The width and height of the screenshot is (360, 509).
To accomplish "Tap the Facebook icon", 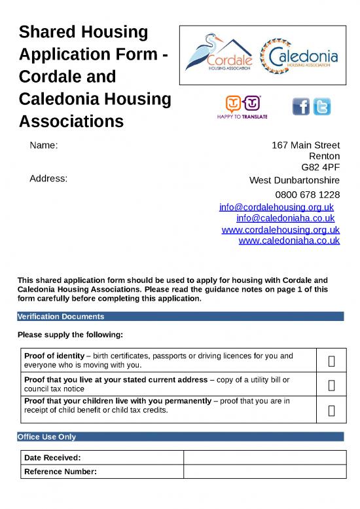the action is coord(301,106).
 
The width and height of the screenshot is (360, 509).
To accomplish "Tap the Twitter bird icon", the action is coord(322,106).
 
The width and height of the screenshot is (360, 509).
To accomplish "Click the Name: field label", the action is coord(45,145).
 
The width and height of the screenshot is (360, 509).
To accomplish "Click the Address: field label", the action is coord(48,178).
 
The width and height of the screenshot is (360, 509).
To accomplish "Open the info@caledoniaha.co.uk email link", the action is coord(285,218).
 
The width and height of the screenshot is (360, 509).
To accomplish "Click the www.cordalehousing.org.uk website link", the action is coord(281,229).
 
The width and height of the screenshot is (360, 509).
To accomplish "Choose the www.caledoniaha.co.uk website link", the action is coord(289,240).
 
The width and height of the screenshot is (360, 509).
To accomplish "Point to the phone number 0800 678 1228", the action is coord(307,195).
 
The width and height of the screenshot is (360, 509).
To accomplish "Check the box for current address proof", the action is coord(332,385).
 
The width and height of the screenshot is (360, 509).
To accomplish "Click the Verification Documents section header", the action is coord(60,316).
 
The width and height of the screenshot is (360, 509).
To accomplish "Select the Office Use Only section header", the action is coord(46,436).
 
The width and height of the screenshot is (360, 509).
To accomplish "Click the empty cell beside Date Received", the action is coord(264,457).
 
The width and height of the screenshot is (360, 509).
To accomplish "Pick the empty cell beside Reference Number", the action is coord(264,472).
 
